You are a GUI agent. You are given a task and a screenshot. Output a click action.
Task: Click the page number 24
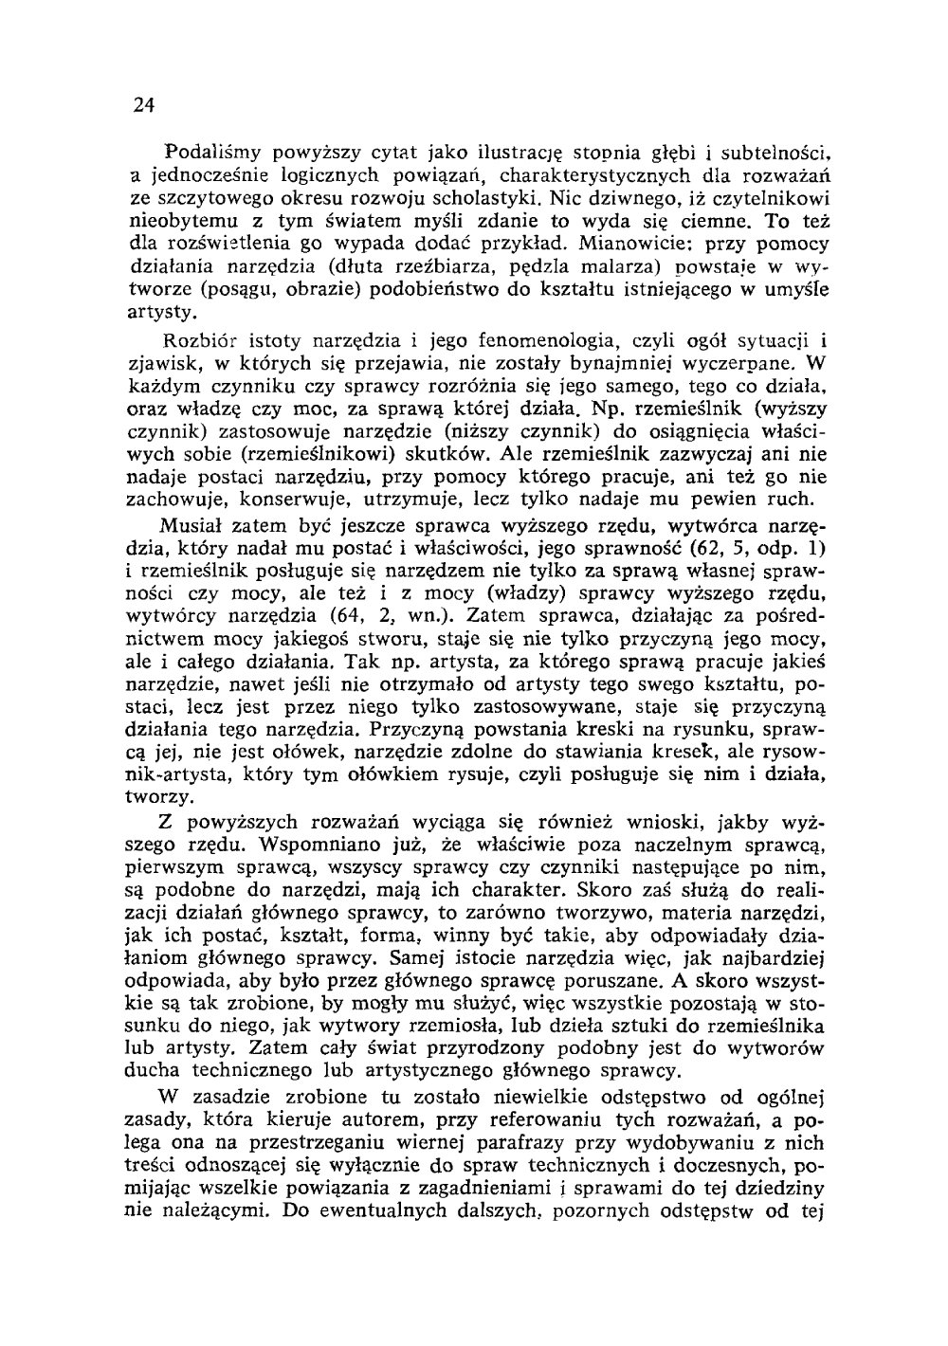click(x=143, y=104)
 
